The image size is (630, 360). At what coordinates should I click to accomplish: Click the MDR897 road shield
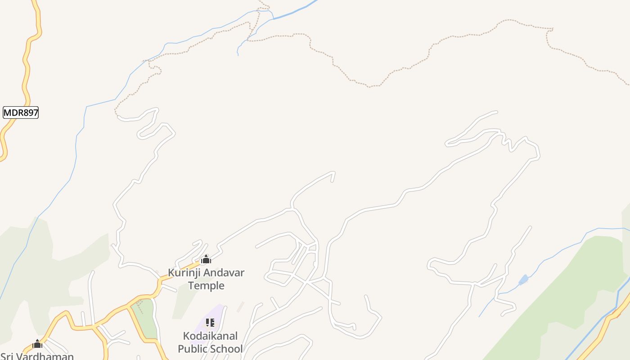coord(21,112)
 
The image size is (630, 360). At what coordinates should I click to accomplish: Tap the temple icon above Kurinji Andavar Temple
coord(206,259)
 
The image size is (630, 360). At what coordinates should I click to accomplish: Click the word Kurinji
coord(183,273)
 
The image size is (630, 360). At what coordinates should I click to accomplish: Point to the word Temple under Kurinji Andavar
coord(206,285)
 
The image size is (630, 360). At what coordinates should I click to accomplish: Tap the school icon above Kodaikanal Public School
coord(210,323)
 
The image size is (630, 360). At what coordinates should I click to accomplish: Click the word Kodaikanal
coord(210,336)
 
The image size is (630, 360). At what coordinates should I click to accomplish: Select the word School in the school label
coord(227,349)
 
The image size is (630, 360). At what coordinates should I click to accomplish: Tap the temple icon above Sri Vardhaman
coord(37,344)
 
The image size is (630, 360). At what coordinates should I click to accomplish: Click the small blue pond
coord(523,280)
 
